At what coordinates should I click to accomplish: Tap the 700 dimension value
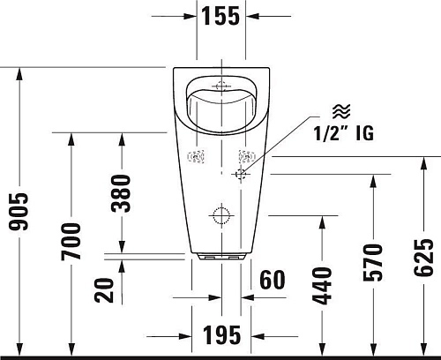(71, 241)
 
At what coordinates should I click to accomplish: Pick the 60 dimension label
(273, 280)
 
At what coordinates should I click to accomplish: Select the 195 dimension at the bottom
(220, 335)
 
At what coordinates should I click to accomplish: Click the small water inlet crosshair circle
(238, 175)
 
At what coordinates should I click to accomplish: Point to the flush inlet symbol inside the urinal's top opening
(220, 86)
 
